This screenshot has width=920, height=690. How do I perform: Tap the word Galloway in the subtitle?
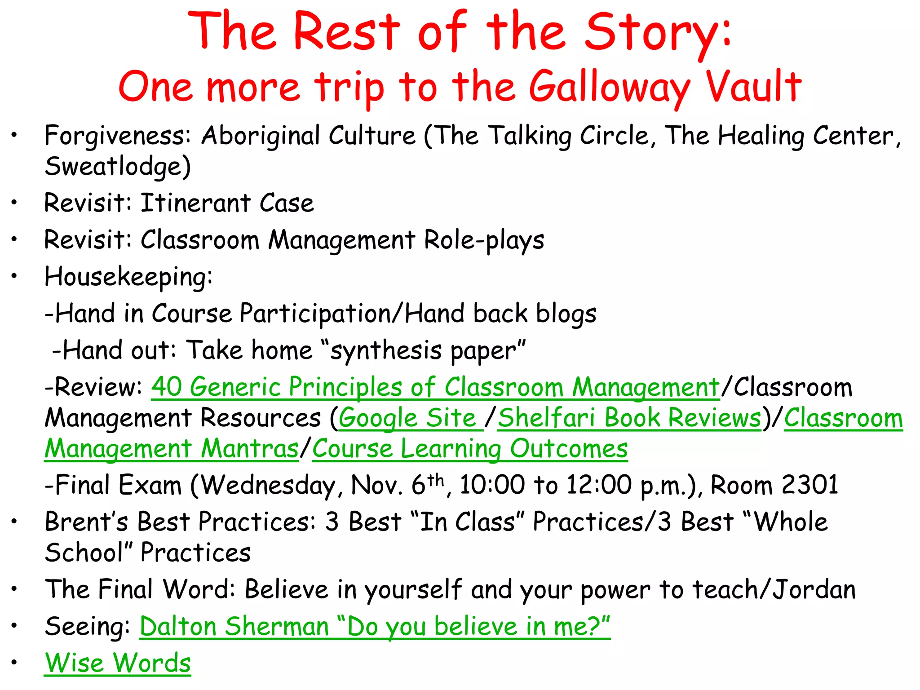pyautogui.click(x=609, y=88)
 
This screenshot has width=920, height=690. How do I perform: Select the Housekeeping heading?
pyautogui.click(x=128, y=277)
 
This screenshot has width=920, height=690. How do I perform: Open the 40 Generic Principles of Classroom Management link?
pyautogui.click(x=435, y=388)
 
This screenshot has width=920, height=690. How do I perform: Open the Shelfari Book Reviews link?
pyautogui.click(x=629, y=418)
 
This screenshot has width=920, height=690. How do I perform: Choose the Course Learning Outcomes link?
pyautogui.click(x=469, y=449)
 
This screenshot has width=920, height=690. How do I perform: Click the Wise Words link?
pyautogui.click(x=118, y=663)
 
